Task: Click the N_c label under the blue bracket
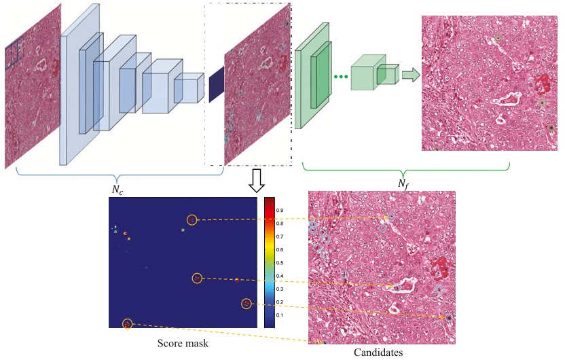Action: (119, 190)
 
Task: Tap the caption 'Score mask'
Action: (183, 344)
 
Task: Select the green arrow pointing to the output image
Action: (410, 75)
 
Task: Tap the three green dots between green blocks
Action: (342, 76)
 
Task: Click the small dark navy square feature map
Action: (216, 86)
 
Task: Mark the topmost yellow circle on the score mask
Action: (192, 219)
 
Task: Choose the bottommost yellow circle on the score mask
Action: (127, 324)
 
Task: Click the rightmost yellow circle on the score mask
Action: (247, 304)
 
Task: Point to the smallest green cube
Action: (388, 73)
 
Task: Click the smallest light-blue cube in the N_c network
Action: (188, 89)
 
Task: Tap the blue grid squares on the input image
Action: (14, 54)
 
